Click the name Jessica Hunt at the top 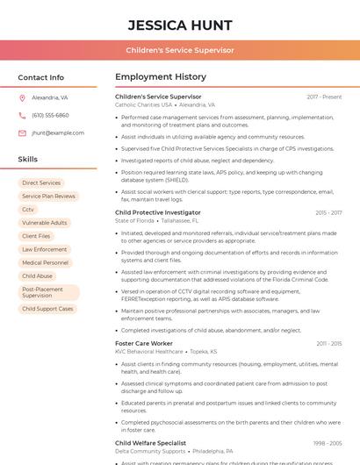click(180, 25)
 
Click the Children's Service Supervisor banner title click(180, 50)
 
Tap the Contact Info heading click(41, 77)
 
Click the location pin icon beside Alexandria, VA click(22, 98)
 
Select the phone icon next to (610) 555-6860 click(22, 116)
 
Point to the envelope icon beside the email click(22, 133)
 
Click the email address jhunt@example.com click(58, 133)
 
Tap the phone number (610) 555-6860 click(50, 116)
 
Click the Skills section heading click(28, 160)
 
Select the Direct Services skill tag click(41, 183)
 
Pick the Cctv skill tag click(28, 210)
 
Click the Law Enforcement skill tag click(44, 249)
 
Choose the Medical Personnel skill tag click(45, 262)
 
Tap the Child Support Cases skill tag click(47, 309)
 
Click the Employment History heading click(161, 77)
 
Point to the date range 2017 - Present click(324, 97)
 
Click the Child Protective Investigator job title click(158, 212)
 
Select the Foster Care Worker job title click(144, 343)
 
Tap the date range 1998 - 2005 click(328, 443)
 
